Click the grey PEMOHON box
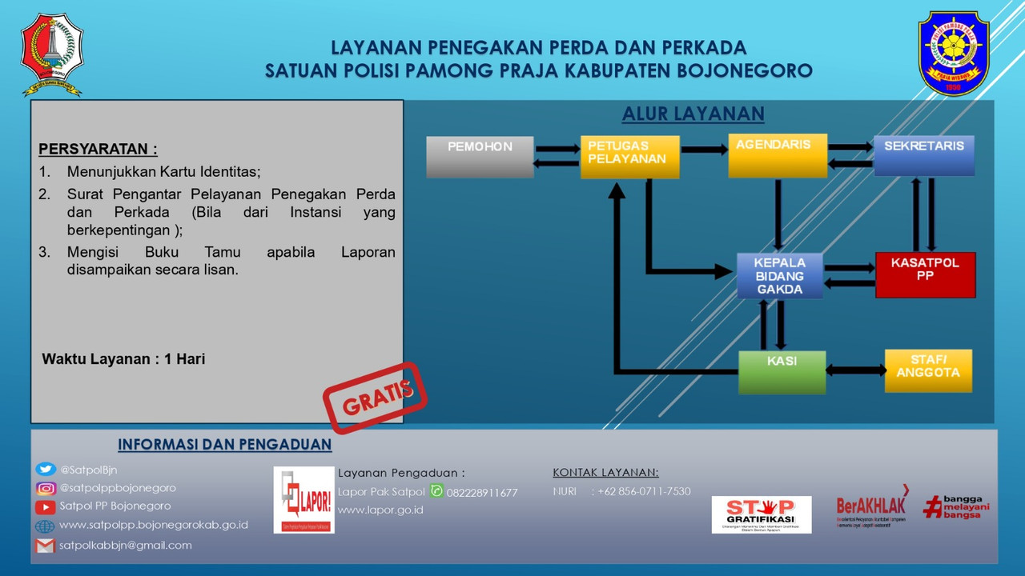click(x=480, y=157)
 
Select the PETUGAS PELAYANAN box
click(x=629, y=157)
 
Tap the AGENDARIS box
click(x=777, y=156)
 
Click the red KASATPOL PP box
click(x=925, y=275)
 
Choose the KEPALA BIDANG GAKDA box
click(x=780, y=276)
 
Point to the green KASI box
click(x=782, y=372)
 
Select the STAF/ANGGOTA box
click(x=928, y=371)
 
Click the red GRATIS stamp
click(x=375, y=398)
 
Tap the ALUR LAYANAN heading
click(x=693, y=114)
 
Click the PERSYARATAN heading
click(x=98, y=150)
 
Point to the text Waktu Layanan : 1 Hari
click(x=123, y=359)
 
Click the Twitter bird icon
click(x=46, y=470)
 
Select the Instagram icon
click(x=46, y=488)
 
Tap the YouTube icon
click(x=46, y=506)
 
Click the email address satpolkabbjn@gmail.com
click(x=126, y=546)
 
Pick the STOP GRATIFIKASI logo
click(x=761, y=514)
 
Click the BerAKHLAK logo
click(x=873, y=507)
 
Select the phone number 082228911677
click(x=482, y=493)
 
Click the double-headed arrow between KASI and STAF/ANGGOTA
click(x=855, y=370)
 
